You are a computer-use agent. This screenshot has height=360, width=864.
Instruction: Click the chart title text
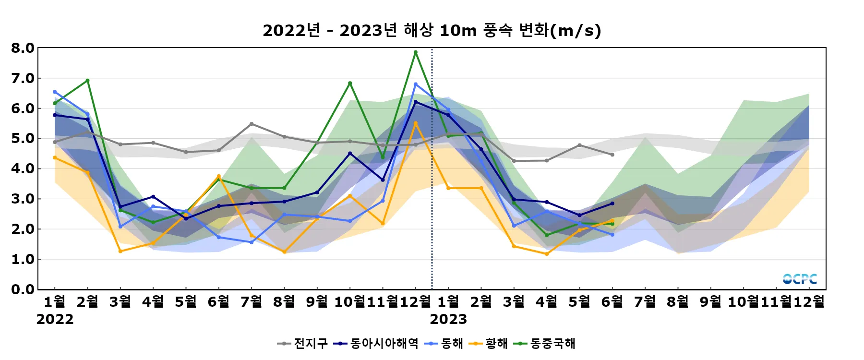tap(432, 30)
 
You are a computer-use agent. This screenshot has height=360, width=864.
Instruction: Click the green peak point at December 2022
tap(416, 52)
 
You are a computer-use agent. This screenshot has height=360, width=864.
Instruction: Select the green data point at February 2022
tap(87, 81)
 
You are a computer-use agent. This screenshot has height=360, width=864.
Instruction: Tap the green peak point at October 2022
tap(350, 83)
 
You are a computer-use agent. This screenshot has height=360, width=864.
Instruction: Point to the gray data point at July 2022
tap(252, 124)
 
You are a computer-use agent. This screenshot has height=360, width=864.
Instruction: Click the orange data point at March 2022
tap(120, 251)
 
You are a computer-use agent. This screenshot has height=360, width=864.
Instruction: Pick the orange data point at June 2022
tap(219, 176)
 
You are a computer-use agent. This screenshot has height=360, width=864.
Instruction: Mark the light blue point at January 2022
tap(55, 92)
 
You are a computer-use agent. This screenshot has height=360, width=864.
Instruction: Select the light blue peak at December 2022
tap(416, 84)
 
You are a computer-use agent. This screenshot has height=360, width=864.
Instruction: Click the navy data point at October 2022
tap(350, 154)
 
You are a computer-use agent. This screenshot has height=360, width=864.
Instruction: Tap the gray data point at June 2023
tap(612, 155)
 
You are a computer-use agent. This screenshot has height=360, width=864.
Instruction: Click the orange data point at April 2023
tap(547, 254)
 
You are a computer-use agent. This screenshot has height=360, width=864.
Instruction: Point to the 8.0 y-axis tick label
tap(23, 48)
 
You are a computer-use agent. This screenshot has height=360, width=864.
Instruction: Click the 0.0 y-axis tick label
tap(23, 289)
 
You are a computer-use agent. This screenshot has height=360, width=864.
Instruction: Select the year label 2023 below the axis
tap(448, 319)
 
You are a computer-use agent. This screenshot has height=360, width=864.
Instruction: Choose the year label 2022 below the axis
tap(55, 319)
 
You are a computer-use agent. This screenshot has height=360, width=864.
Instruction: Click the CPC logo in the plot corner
tap(800, 279)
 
